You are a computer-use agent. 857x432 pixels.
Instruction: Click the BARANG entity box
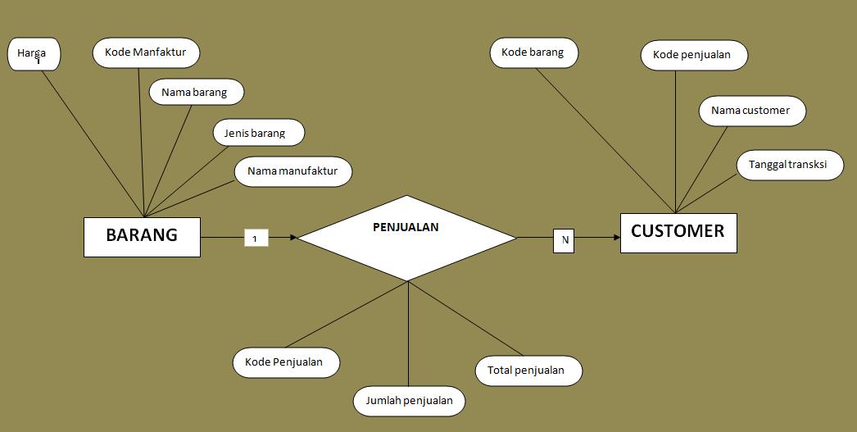point(142,236)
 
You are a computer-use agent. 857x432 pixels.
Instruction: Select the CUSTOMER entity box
point(678,232)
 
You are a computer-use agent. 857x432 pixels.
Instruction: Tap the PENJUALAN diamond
point(406,238)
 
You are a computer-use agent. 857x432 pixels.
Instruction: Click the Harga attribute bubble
point(34,55)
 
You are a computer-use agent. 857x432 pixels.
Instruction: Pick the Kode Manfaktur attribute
point(146,52)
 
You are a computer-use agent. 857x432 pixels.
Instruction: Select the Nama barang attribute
point(198,93)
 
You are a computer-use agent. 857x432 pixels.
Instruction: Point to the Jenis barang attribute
point(258,132)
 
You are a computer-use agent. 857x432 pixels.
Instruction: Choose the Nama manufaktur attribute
point(293,171)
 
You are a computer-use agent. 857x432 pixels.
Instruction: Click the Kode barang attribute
point(533,53)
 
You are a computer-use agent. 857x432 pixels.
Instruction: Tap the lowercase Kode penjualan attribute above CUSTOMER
point(694,56)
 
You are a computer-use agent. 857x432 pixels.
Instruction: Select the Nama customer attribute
point(751,111)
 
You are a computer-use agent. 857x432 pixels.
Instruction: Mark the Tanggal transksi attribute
point(789,165)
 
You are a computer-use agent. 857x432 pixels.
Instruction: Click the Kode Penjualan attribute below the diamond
point(285,362)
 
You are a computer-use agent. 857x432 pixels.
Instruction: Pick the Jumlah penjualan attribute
point(410,401)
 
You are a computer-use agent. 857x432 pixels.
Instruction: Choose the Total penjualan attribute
point(528,371)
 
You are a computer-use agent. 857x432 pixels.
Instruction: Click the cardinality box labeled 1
point(256,239)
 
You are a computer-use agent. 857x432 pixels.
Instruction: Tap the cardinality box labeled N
point(564,240)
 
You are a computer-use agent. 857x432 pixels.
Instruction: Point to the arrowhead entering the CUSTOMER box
point(615,238)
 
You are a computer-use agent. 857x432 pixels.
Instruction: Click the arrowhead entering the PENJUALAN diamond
point(292,238)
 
